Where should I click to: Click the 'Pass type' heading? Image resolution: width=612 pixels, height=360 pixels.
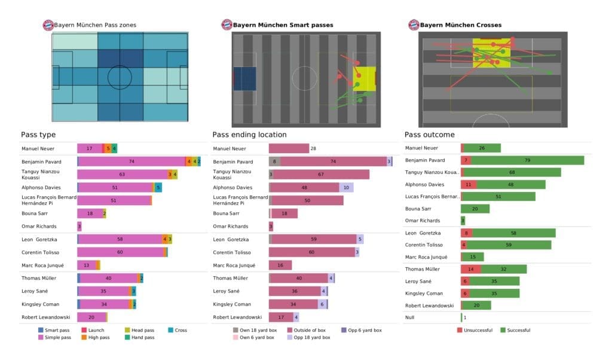click(x=38, y=135)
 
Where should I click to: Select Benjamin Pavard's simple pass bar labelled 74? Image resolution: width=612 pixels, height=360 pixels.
click(x=131, y=161)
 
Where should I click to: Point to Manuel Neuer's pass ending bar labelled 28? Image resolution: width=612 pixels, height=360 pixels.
click(x=288, y=148)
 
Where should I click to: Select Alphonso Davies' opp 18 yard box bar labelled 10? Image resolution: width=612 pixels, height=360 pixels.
click(x=346, y=187)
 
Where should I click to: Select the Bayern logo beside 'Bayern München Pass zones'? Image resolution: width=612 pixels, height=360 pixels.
click(x=47, y=25)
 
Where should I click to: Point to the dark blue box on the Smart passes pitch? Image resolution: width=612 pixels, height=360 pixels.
click(x=244, y=79)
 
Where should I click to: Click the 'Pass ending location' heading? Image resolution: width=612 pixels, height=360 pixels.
click(x=249, y=135)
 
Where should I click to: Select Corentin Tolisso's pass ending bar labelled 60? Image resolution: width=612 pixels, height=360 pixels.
click(x=311, y=252)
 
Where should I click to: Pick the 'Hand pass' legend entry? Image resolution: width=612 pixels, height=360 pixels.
click(x=142, y=337)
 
